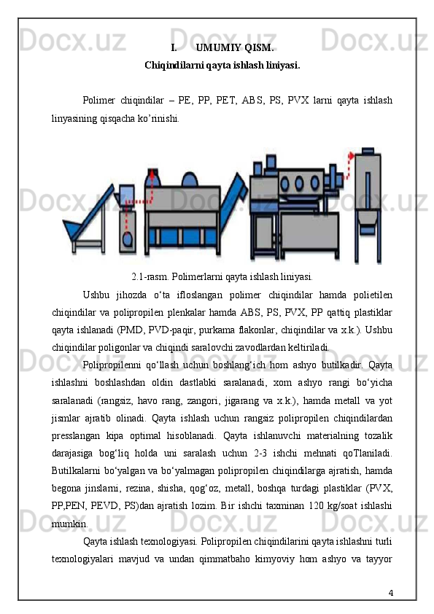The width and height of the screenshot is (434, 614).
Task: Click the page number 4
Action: (390, 592)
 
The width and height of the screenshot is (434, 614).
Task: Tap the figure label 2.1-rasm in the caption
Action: (150, 277)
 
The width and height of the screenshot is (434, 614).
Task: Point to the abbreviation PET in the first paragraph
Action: (226, 101)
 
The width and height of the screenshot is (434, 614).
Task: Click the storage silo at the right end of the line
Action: (368, 205)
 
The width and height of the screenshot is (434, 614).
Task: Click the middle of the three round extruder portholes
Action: (300, 183)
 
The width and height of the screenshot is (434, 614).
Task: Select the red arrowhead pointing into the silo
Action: (352, 155)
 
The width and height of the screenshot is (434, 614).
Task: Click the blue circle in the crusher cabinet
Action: (128, 239)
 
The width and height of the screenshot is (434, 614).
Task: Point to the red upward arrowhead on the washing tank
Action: (152, 172)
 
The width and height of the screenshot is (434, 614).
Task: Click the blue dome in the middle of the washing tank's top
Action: (190, 180)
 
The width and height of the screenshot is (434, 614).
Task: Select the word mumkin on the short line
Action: (70, 524)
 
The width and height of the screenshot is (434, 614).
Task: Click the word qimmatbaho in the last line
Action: (225, 559)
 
